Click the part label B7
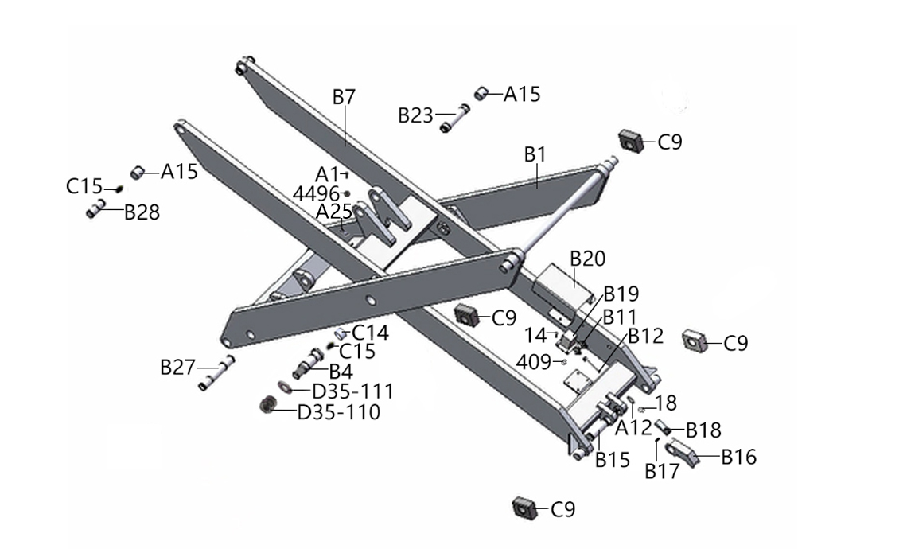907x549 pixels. [x=344, y=97]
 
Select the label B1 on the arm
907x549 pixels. [x=535, y=154]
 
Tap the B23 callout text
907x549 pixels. [x=415, y=115]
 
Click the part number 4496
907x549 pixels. [x=315, y=193]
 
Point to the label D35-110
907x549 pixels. [x=338, y=412]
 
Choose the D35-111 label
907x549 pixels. [x=352, y=391]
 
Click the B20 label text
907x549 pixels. [x=588, y=259]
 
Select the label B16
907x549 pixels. [x=738, y=457]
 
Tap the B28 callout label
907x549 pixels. [x=142, y=212]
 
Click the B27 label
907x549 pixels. [x=177, y=367]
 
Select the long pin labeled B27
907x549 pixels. [x=217, y=373]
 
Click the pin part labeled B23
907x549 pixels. [x=453, y=118]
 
